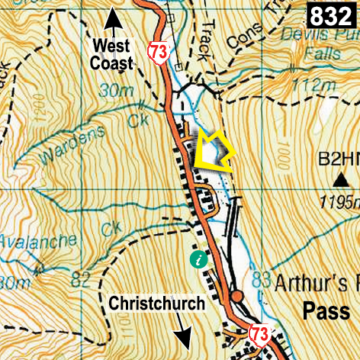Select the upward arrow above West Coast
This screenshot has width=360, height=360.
pyautogui.click(x=113, y=17)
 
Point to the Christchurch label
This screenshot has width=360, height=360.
pyautogui.click(x=156, y=304)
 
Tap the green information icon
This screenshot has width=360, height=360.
pyautogui.click(x=200, y=259)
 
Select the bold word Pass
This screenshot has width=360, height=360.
pyautogui.click(x=325, y=310)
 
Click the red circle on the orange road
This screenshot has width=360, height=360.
pyautogui.click(x=237, y=295)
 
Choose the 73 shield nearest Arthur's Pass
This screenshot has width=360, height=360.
pyautogui.click(x=259, y=333)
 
